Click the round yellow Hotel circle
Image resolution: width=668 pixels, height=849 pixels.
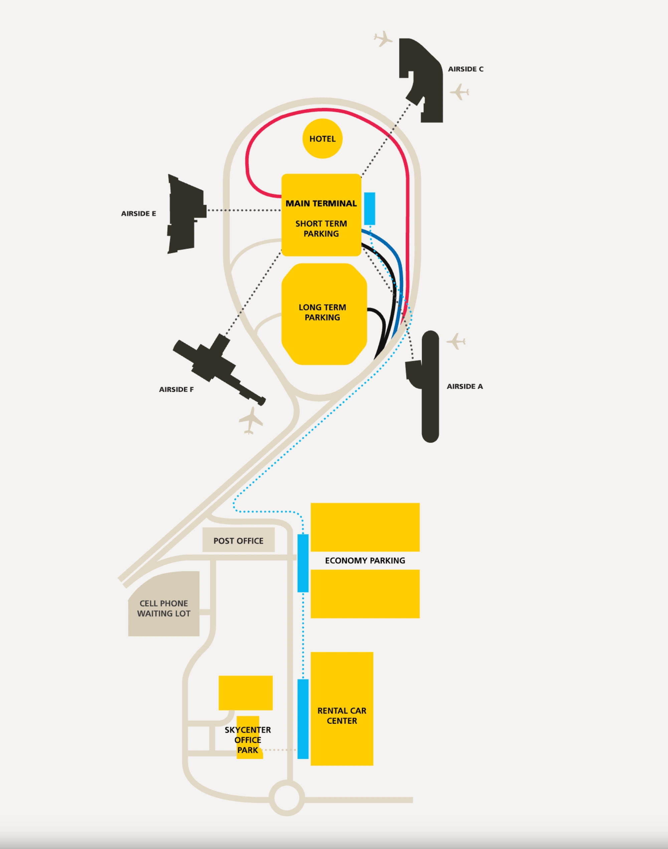(322, 138)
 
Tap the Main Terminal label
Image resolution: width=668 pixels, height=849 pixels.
(321, 203)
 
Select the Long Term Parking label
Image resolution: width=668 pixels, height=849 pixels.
(322, 312)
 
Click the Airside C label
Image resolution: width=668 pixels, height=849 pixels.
(465, 69)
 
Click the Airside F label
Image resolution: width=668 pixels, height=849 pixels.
(176, 389)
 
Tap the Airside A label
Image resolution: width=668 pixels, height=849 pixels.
(465, 386)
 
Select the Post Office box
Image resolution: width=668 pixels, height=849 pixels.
(238, 540)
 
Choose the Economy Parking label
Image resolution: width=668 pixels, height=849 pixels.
(365, 560)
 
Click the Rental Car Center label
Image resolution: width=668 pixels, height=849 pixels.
(342, 716)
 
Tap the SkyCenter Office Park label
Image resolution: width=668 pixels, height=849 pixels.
(247, 740)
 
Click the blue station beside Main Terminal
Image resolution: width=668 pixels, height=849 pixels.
(370, 208)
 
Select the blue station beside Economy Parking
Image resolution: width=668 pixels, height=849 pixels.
(303, 563)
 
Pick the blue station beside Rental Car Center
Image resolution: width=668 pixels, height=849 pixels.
(303, 719)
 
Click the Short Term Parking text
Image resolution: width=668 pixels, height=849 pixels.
(321, 228)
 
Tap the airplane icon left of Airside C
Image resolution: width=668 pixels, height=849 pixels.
(383, 38)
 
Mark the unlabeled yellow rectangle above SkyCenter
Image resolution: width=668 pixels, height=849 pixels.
(245, 693)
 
